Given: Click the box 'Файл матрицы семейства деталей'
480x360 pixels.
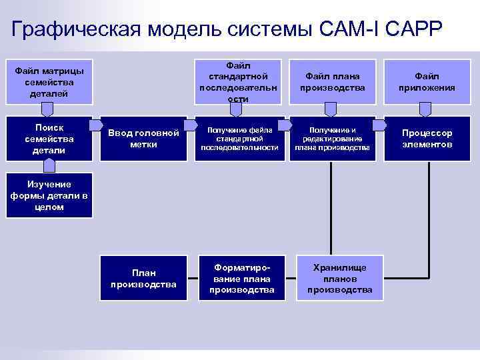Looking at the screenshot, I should pos(50,81).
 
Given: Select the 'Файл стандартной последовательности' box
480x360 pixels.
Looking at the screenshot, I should pos(238,81).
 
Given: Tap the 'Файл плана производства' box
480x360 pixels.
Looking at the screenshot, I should pos(332,81).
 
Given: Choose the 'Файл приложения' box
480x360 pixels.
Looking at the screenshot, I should pos(427,81).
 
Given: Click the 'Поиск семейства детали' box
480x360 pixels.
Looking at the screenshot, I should pos(50,139).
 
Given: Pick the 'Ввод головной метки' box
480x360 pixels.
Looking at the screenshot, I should pos(143,139).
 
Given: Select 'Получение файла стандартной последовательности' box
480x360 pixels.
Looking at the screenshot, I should pos(238,139).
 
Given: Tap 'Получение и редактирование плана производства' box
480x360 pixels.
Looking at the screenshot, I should pos(332,139).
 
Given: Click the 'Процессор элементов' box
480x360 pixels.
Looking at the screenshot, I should pos(427,139).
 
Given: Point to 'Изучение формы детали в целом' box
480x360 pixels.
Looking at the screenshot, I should pos(50,196).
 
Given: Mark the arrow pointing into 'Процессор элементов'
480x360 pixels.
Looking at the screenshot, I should pos(379,125).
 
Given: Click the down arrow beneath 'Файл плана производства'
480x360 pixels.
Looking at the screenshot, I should pos(332,110).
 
